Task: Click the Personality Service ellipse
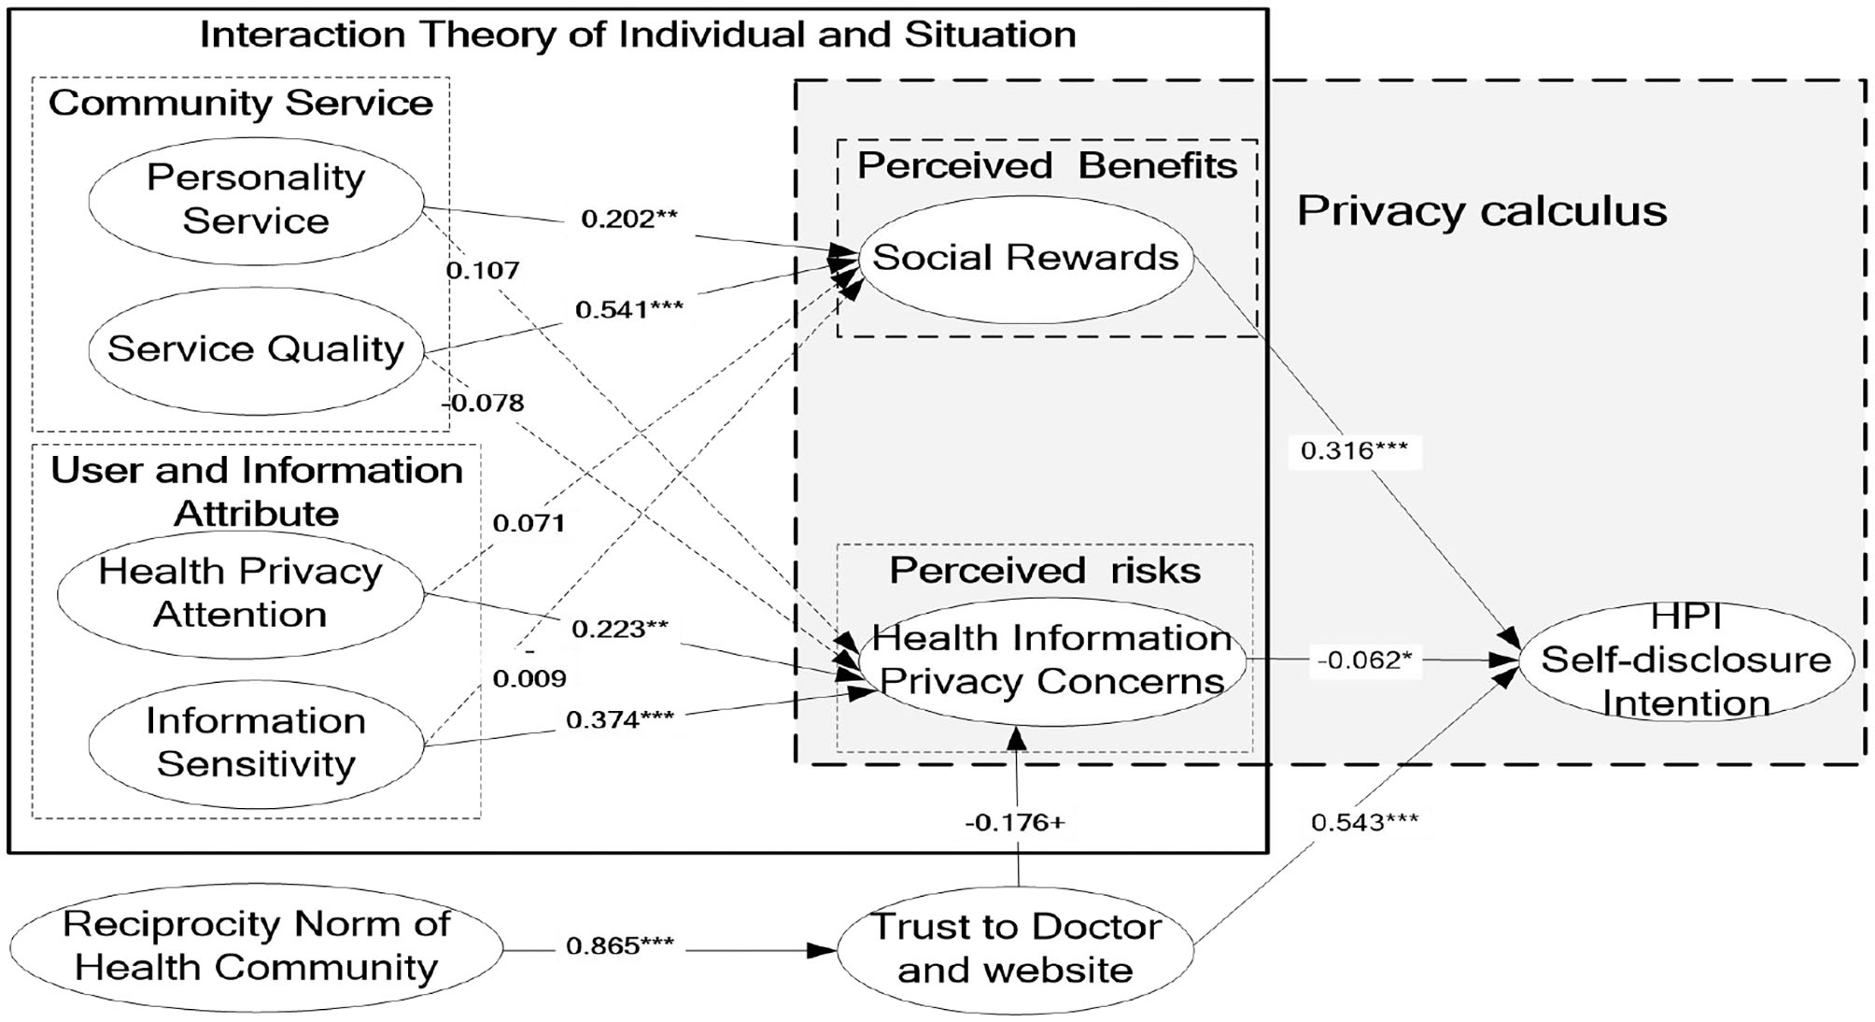point(256,199)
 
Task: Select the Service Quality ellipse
point(256,350)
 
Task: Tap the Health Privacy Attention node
point(240,593)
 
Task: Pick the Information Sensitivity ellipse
point(256,743)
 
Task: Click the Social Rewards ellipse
point(1025,258)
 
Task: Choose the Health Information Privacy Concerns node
point(1051,660)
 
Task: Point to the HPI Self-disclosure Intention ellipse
point(1685,660)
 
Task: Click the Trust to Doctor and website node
point(1016,948)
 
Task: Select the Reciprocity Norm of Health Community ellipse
point(256,945)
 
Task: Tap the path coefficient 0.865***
point(620,945)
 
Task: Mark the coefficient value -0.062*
point(1364,660)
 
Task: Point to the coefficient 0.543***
point(1364,822)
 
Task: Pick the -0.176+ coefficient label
point(1015,822)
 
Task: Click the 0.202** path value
point(628,219)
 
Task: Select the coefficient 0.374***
point(620,719)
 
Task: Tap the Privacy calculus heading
point(1482,211)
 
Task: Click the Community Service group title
point(241,103)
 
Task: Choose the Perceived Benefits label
point(1047,165)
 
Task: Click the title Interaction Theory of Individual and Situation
point(638,35)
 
